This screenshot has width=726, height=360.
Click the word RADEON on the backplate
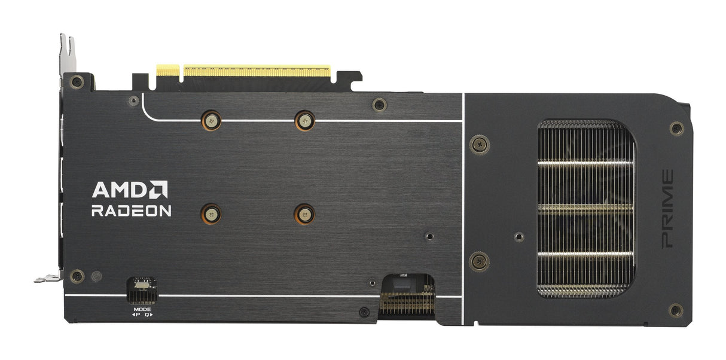pyautogui.click(x=132, y=210)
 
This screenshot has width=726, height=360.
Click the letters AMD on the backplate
pyautogui.click(x=120, y=190)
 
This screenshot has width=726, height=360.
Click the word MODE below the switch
pyautogui.click(x=142, y=309)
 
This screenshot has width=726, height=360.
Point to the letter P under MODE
pyautogui.click(x=137, y=315)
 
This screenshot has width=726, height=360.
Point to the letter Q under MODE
pyautogui.click(x=147, y=315)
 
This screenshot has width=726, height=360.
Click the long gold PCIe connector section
pyautogui.click(x=257, y=71)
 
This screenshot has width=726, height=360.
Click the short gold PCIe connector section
pyautogui.click(x=167, y=71)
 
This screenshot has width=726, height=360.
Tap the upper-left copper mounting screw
pyautogui.click(x=210, y=120)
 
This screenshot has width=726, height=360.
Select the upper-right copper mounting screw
pyautogui.click(x=304, y=120)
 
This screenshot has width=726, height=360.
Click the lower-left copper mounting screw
pyautogui.click(x=210, y=213)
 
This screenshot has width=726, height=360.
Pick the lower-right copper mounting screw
pyautogui.click(x=304, y=213)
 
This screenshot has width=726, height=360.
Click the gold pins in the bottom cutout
pyautogui.click(x=407, y=304)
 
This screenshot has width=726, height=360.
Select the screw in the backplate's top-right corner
pyautogui.click(x=676, y=128)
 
